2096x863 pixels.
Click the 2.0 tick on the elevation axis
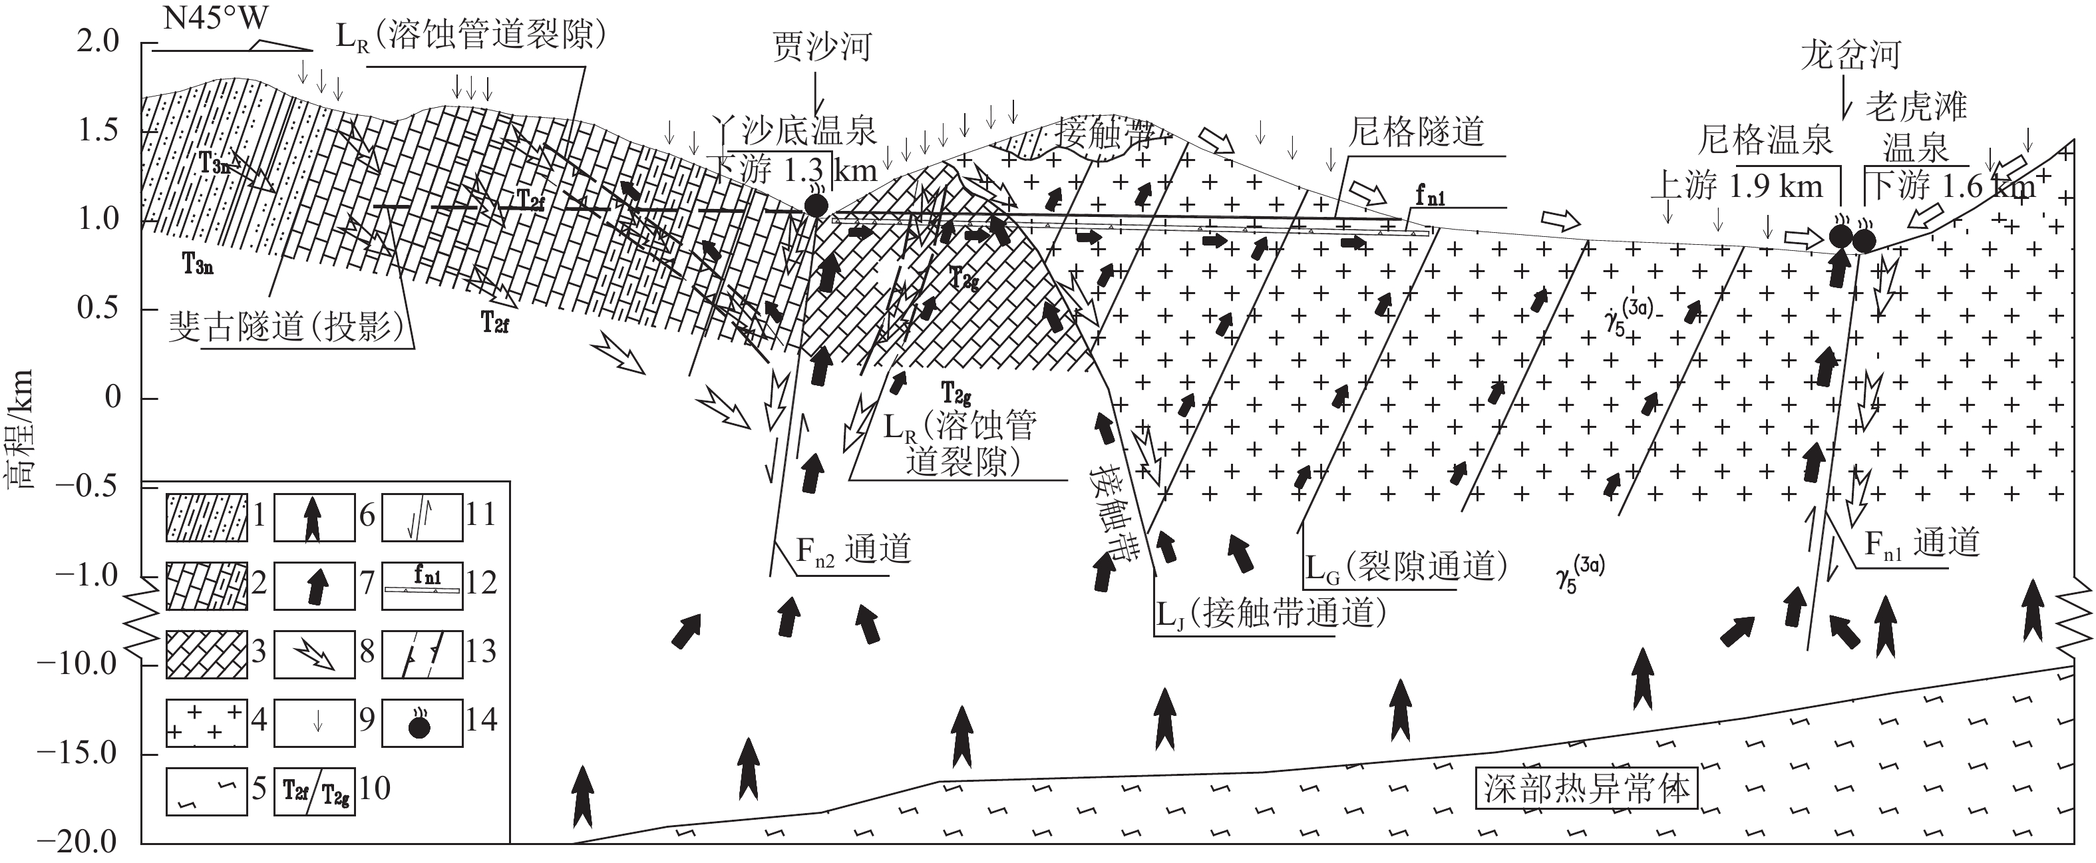point(98,41)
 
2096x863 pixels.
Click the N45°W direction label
point(215,18)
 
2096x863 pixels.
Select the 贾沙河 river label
point(822,47)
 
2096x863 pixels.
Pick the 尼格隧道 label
point(1416,132)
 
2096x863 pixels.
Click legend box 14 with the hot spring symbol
point(421,720)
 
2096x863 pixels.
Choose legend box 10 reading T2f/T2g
point(315,790)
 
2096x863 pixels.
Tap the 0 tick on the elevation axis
point(112,398)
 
